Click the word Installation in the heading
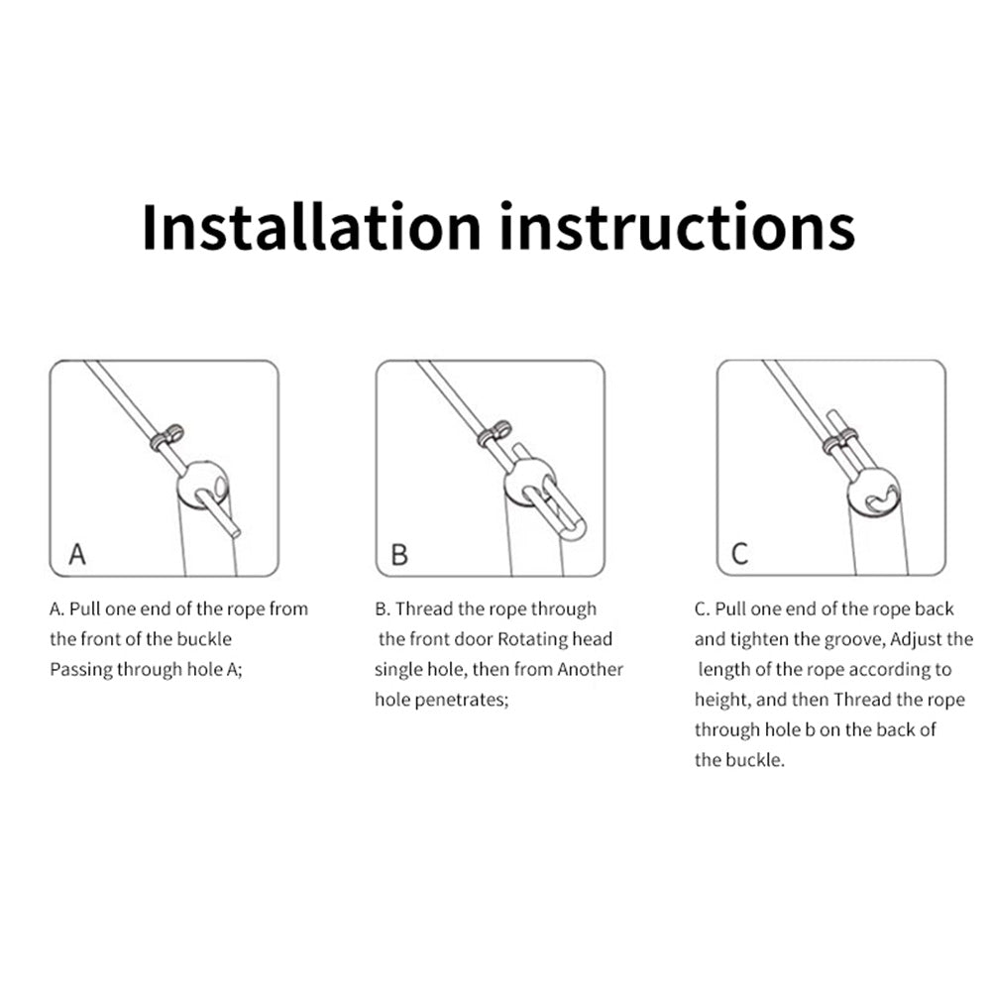pos(311,227)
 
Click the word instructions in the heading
pos(677,227)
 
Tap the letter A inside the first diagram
pos(77,554)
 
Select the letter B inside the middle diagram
pos(399,554)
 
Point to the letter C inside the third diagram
pos(739,554)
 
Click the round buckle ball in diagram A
pos(202,486)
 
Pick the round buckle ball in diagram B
pos(529,483)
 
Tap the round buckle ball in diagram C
pos(873,493)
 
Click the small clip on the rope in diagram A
pos(166,437)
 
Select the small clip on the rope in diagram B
pos(495,433)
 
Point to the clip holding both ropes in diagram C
pos(840,441)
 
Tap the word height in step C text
pos(722,700)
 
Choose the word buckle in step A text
pos(204,639)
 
